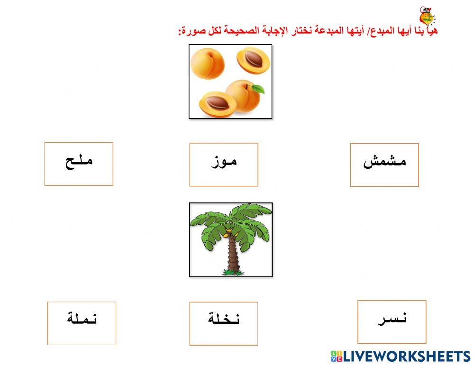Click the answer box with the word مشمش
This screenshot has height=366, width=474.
[384, 165]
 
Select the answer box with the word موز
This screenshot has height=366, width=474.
[224, 165]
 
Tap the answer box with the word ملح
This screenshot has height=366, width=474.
[79, 164]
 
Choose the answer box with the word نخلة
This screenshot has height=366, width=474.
[224, 323]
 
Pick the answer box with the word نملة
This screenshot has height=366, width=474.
[82, 323]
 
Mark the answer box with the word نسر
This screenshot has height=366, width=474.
[392, 321]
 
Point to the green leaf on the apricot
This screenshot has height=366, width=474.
[257, 88]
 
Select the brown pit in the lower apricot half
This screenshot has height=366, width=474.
[219, 101]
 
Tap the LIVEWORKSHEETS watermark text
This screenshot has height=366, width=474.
[407, 357]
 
